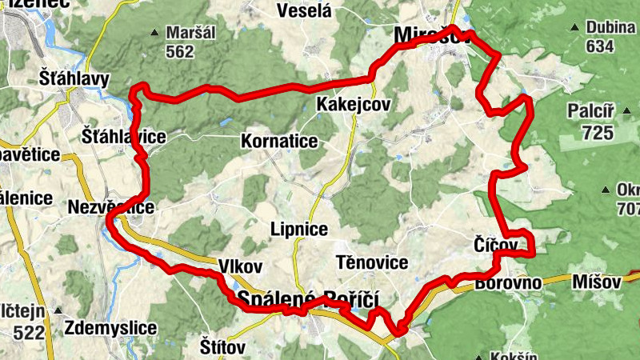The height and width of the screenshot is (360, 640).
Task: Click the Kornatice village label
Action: click(279, 142)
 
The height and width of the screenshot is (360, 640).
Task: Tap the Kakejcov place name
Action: click(353, 105)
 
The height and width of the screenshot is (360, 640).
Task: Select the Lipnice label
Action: click(298, 230)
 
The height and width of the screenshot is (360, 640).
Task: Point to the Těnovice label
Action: click(372, 262)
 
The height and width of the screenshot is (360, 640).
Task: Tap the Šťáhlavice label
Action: click(124, 137)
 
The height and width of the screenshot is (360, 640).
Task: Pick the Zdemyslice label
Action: click(109, 327)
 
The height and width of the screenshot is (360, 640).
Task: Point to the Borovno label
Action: click(508, 282)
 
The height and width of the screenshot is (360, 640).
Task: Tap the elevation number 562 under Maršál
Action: click(180, 51)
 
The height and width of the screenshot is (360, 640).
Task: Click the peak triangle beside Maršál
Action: click(154, 33)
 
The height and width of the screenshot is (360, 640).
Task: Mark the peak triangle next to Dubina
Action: click(574, 28)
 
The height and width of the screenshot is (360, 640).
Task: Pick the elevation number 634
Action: click(599, 46)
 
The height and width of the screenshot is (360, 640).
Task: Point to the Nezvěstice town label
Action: click(111, 206)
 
